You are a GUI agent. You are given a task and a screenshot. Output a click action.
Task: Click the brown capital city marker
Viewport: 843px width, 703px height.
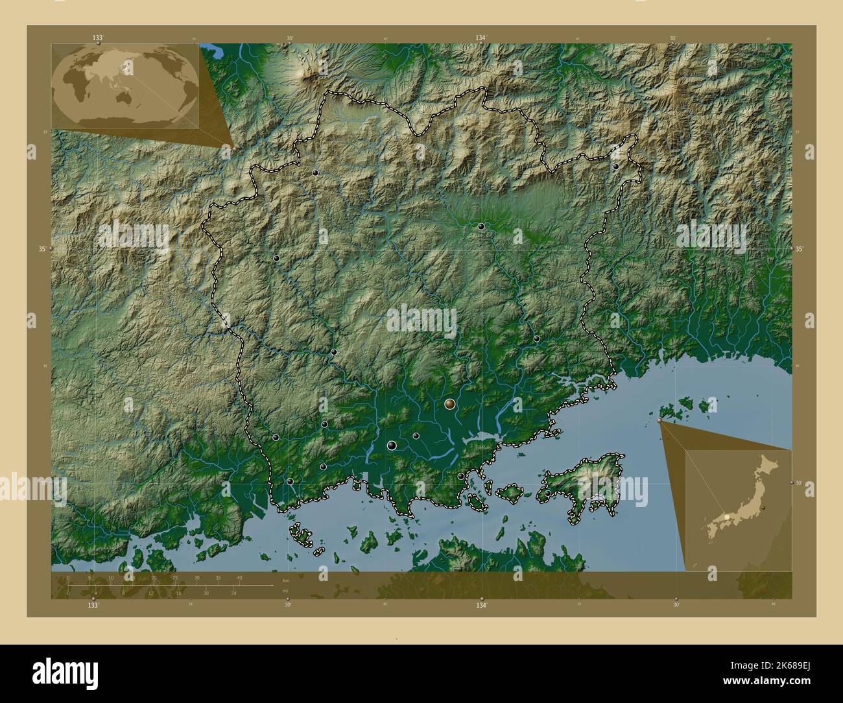point(450,404)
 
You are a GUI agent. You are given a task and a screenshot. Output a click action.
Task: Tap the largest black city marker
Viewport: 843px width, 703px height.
point(392,445)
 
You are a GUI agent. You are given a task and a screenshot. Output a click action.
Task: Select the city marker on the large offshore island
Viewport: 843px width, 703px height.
point(547,494)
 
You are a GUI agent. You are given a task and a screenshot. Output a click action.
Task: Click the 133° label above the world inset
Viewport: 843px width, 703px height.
point(97,38)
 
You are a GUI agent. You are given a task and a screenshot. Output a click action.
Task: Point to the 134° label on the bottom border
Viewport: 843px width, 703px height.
point(481,605)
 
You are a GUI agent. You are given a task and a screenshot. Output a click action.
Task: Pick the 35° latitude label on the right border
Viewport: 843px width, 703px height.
point(799,249)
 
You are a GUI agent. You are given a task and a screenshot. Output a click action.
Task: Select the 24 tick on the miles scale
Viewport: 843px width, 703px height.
point(234,593)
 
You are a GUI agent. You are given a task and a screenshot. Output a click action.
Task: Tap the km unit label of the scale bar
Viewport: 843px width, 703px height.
point(285,580)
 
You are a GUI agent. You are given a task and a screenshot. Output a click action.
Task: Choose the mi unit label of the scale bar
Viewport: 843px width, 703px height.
point(285,591)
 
